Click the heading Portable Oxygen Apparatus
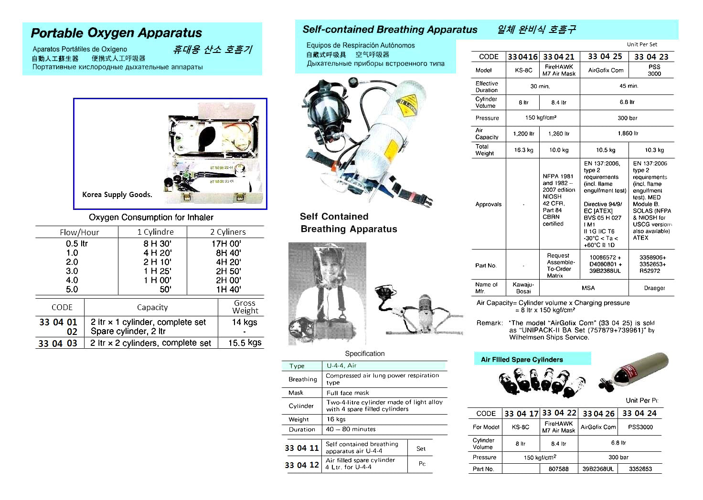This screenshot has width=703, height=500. pos(116,33)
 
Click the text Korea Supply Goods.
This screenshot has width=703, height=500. pos(117,195)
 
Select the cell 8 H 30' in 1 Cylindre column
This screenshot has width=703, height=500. pos(157,243)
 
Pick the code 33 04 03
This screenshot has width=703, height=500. pos(58,343)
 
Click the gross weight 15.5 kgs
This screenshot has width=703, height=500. pos(245,343)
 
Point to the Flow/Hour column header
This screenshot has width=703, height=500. pos(79,232)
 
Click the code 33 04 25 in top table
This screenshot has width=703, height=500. pos(605,56)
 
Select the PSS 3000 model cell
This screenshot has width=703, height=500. pos(654,70)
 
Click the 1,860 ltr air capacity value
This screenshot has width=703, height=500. pos(628,134)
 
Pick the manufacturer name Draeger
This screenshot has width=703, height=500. pos(654,288)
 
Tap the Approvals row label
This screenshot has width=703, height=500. pos(488,204)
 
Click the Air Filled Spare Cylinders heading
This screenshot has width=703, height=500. pos(522,360)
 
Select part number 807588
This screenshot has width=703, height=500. pos(558,469)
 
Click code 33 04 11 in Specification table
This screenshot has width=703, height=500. pos(301,448)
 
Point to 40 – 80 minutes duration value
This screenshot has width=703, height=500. pos(351,429)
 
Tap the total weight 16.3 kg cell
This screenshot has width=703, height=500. pos(523,150)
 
